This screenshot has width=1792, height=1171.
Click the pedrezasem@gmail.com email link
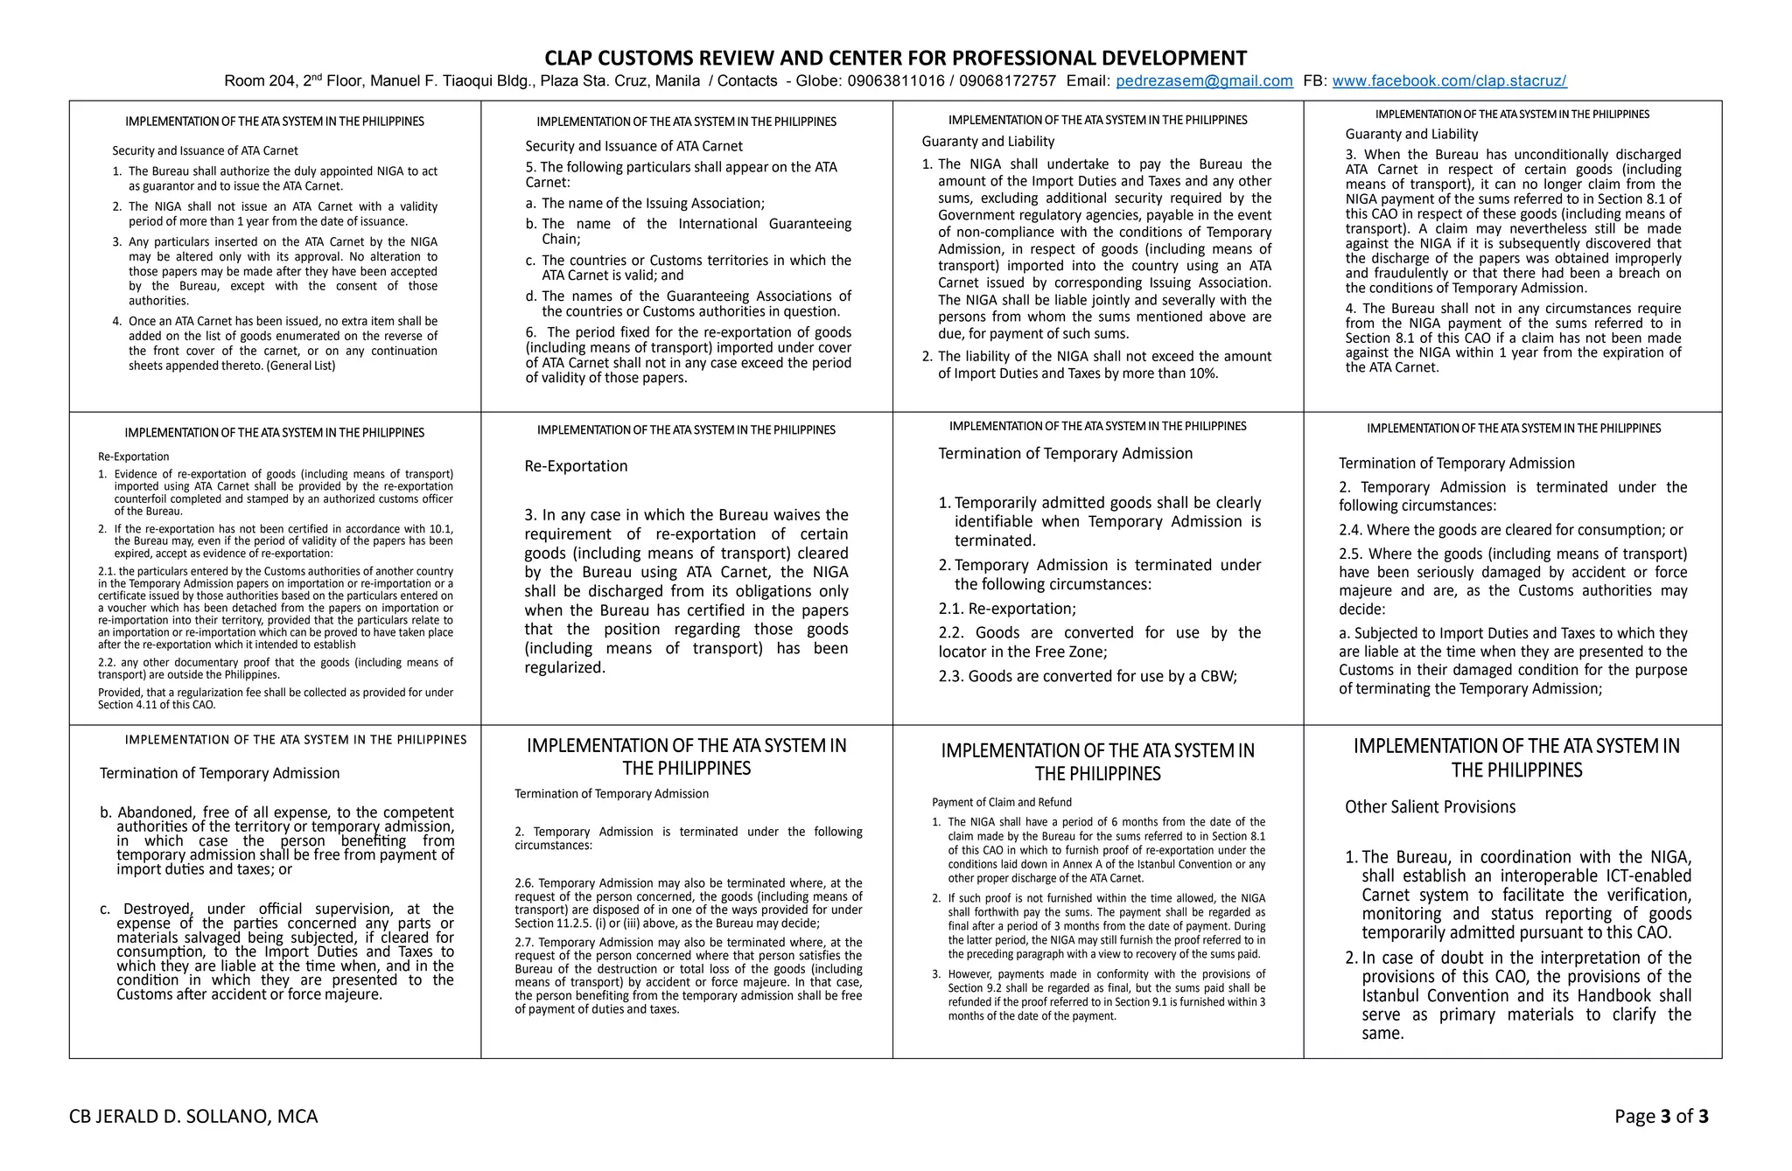click(1204, 81)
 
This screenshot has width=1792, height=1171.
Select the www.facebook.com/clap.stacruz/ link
click(1449, 81)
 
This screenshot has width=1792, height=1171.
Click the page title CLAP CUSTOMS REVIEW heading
click(895, 59)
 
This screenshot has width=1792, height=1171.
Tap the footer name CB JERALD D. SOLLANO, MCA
click(193, 1117)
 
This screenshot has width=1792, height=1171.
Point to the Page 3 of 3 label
click(1661, 1117)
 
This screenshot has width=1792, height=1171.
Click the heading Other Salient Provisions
click(1430, 807)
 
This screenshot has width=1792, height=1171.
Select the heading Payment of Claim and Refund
click(1001, 802)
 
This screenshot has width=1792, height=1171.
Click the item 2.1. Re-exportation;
click(1007, 609)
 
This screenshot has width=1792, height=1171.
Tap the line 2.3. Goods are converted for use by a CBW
click(1088, 676)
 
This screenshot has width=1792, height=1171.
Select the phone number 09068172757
click(1007, 81)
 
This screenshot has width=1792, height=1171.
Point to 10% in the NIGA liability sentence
click(1202, 373)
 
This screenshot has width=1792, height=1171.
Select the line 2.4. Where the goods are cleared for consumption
click(1510, 530)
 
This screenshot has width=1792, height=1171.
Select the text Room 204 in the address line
click(260, 81)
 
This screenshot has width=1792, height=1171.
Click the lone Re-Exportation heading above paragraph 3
click(576, 466)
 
